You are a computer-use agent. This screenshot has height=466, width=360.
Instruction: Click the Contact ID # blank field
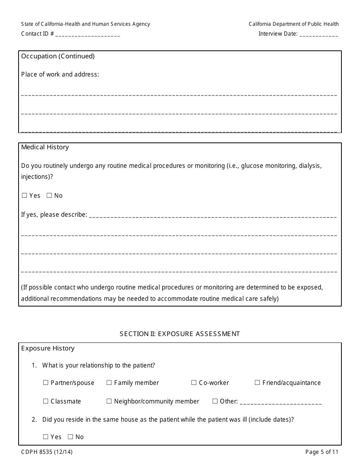(88, 34)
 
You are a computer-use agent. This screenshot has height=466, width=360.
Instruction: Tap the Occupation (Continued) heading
(58, 56)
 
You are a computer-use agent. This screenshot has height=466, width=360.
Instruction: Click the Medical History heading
(45, 147)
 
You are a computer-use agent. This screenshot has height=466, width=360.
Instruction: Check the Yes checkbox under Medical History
(25, 196)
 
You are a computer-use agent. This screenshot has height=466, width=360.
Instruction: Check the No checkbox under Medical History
(49, 196)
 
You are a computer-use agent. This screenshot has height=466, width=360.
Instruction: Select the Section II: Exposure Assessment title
(180, 334)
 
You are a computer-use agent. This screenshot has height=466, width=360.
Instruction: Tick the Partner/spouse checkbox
(46, 383)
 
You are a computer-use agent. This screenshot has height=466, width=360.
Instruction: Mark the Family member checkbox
(109, 383)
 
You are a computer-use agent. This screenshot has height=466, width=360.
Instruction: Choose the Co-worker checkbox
(194, 383)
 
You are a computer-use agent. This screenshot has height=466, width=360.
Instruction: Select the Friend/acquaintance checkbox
(257, 383)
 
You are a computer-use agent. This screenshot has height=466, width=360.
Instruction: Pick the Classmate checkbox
(46, 401)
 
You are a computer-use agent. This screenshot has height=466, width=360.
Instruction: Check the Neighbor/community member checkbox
(109, 401)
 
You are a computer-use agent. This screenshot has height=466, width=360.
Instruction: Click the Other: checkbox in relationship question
(215, 401)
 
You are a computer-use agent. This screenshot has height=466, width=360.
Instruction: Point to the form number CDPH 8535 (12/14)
(45, 452)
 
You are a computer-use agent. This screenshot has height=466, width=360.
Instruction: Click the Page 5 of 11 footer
(322, 452)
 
